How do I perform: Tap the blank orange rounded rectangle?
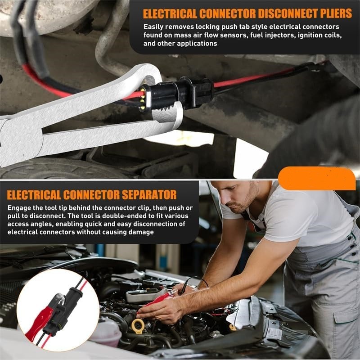tap(316, 178)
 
